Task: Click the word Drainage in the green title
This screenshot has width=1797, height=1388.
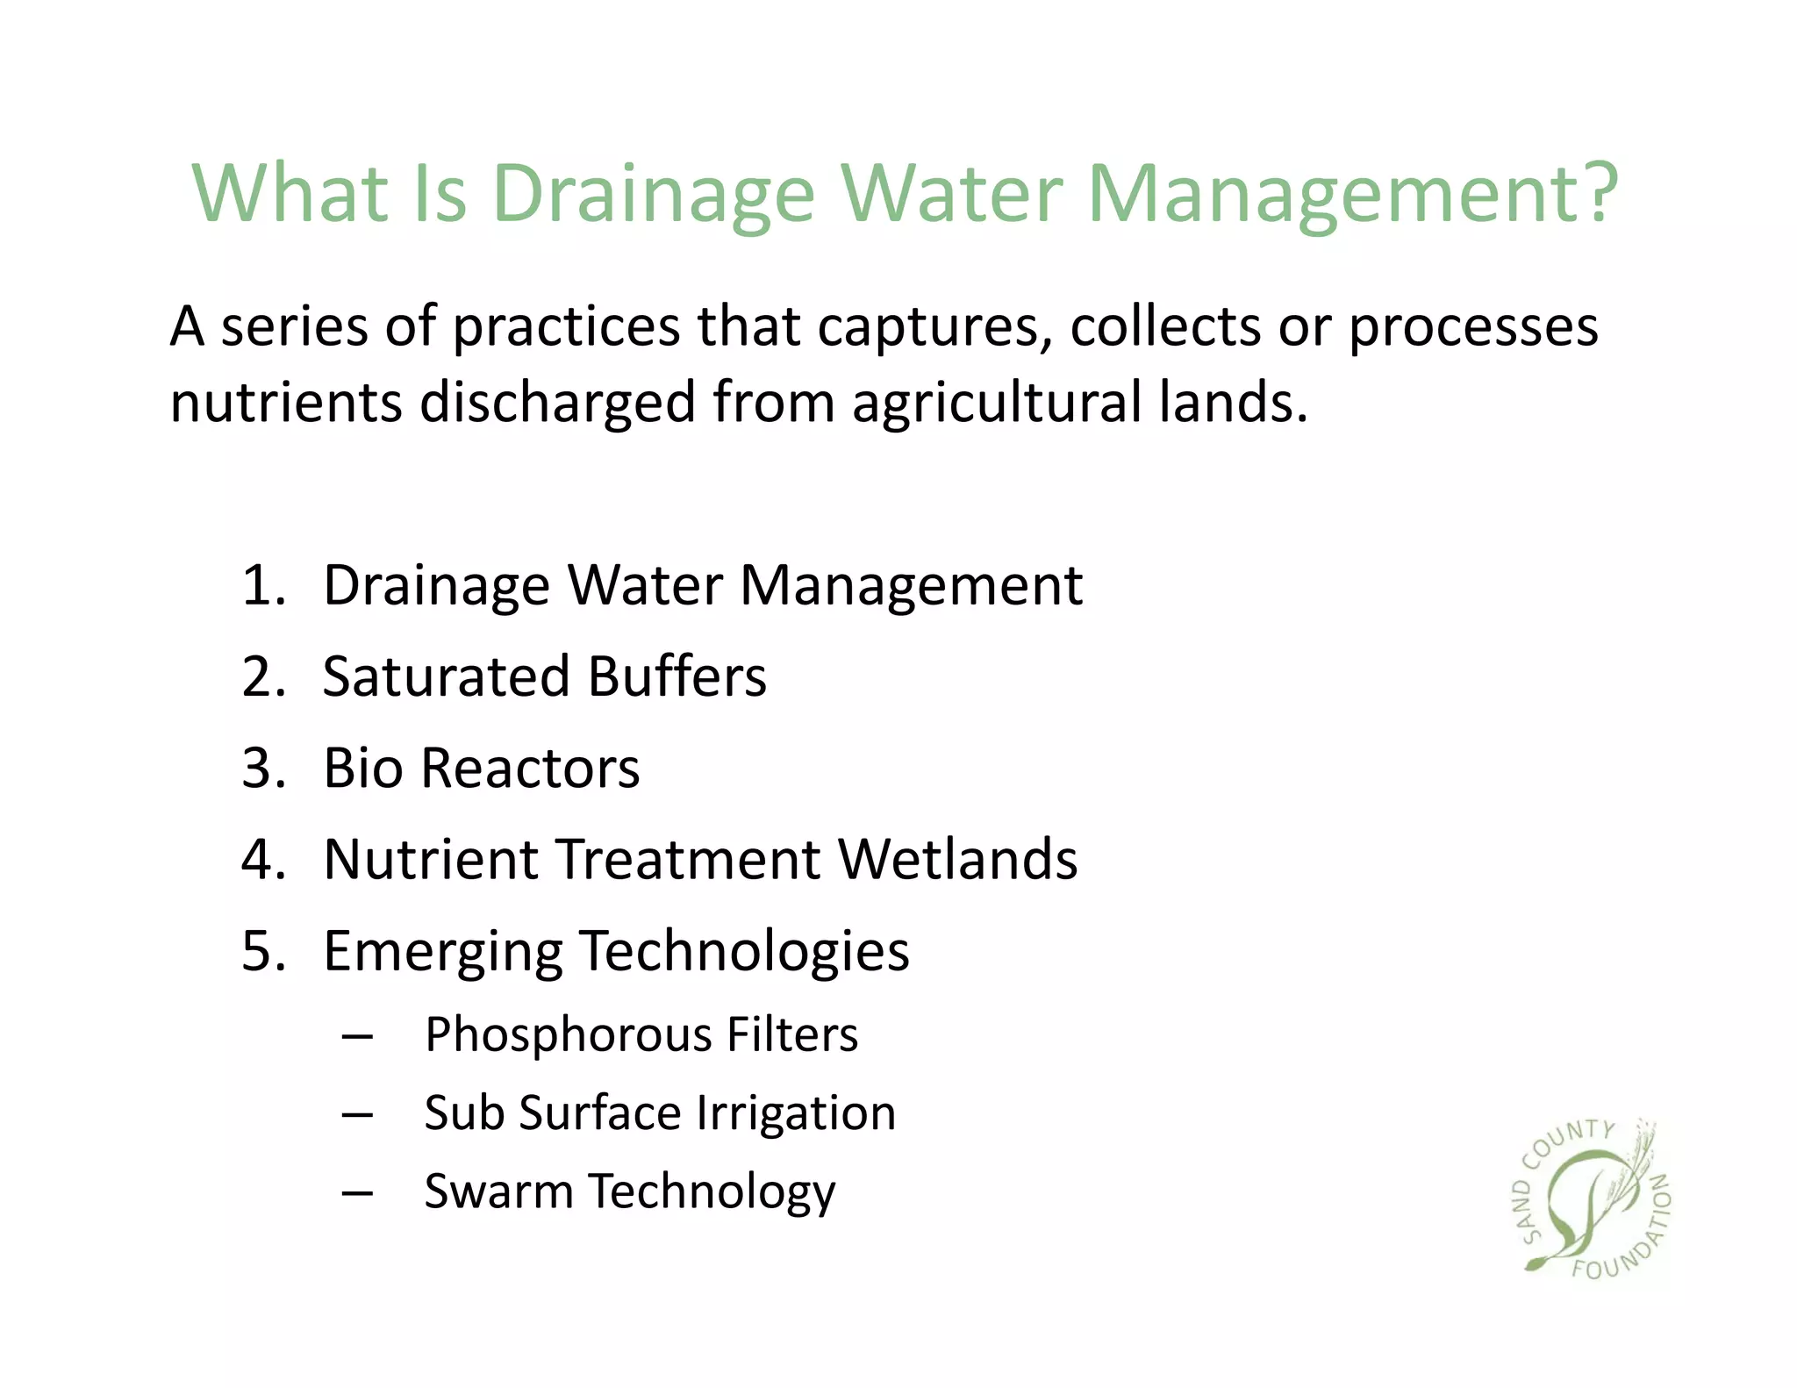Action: [x=654, y=195]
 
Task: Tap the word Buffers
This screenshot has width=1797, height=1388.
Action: [x=677, y=676]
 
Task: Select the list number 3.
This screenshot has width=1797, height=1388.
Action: [x=263, y=768]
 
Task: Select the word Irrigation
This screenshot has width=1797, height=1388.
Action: [x=796, y=1114]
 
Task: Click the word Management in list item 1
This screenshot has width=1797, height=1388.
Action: [x=911, y=585]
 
